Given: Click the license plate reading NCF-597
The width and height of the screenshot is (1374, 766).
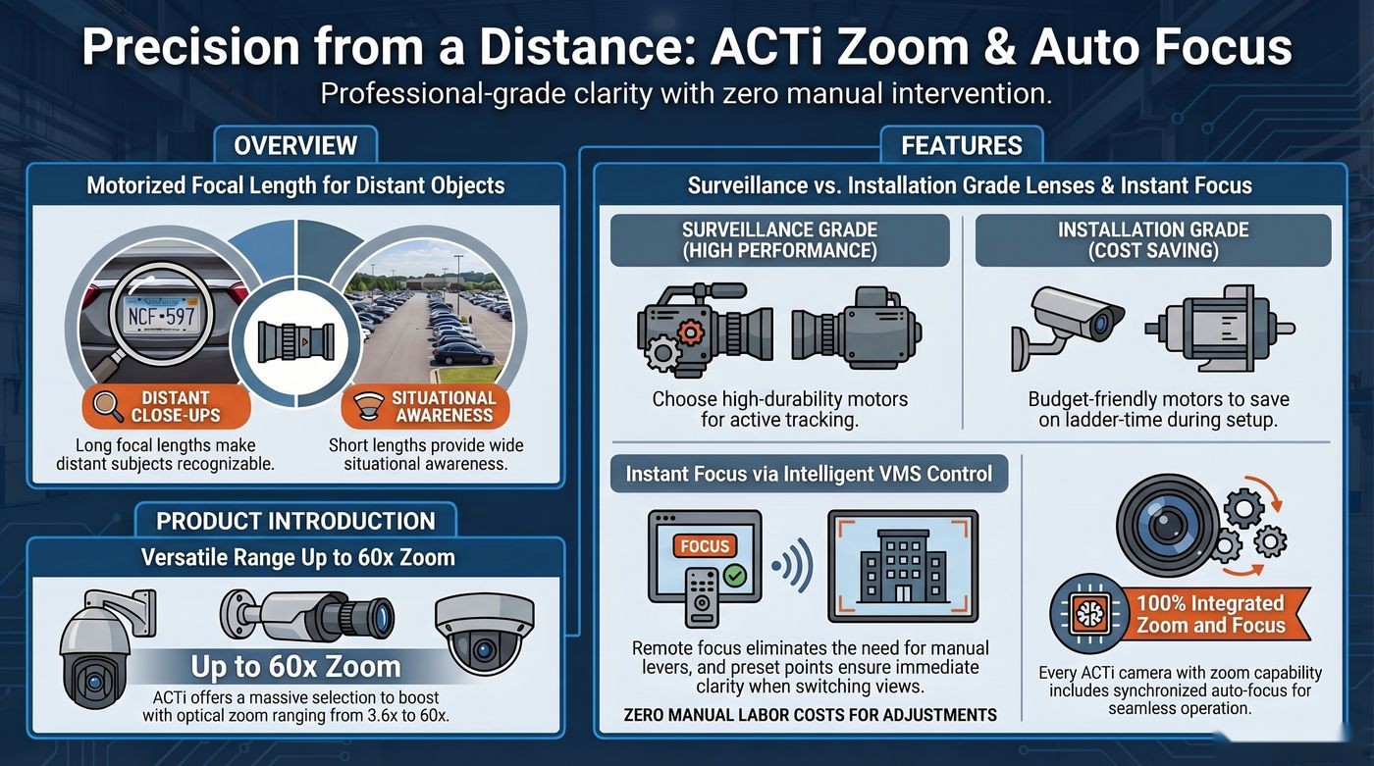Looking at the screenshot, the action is click(161, 316).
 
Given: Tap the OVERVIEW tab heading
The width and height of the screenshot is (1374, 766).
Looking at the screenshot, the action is click(295, 145).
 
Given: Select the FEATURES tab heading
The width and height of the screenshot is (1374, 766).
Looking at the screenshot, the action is click(961, 145).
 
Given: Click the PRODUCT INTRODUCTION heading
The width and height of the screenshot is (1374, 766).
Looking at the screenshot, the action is click(295, 521).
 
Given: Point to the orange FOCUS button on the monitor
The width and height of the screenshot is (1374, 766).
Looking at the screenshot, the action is click(705, 546).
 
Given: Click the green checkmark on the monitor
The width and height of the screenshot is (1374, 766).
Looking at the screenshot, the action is click(734, 576).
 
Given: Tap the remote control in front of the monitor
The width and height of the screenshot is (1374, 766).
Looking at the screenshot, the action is click(701, 596).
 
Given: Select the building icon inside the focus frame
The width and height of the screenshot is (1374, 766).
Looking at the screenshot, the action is click(903, 567).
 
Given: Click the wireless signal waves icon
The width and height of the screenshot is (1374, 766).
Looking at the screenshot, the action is click(793, 565).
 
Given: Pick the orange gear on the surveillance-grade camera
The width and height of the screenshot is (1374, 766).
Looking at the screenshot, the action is click(691, 332).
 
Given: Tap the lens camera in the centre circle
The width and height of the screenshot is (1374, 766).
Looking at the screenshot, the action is click(295, 342).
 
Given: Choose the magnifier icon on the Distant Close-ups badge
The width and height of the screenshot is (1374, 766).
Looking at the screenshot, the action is click(107, 406).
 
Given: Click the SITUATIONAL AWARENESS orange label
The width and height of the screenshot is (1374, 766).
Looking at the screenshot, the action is click(425, 406).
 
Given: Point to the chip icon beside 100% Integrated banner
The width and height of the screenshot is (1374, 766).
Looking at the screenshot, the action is click(1089, 613).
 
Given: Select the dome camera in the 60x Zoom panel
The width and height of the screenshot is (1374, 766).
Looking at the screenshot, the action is click(484, 636).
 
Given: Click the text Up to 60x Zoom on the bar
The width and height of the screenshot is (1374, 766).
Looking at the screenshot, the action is click(295, 667).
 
